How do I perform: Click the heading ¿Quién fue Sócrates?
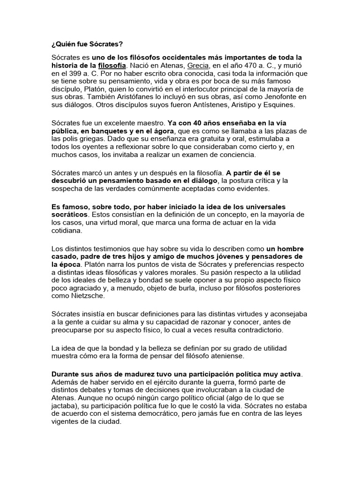(87, 45)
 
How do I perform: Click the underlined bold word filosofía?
(112, 66)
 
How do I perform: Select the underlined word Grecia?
(197, 66)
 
